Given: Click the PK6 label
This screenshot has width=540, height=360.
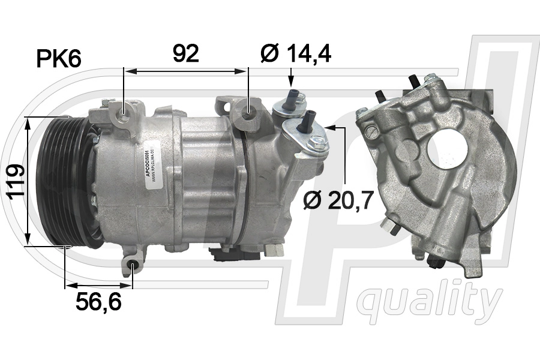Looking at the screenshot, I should [x=59, y=59].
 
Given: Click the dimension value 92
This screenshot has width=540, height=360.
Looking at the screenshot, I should [x=185, y=53].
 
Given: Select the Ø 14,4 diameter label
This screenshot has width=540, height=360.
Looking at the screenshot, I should [x=296, y=53].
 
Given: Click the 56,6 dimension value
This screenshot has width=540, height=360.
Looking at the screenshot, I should [x=98, y=302].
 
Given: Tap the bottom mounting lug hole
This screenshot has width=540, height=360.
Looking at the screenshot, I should [x=134, y=267].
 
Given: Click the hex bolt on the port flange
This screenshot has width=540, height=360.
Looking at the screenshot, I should [x=319, y=143].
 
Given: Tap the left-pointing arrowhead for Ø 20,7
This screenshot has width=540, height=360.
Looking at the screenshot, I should [x=331, y=127].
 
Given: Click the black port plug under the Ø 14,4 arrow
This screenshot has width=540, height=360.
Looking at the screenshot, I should [x=294, y=97].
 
